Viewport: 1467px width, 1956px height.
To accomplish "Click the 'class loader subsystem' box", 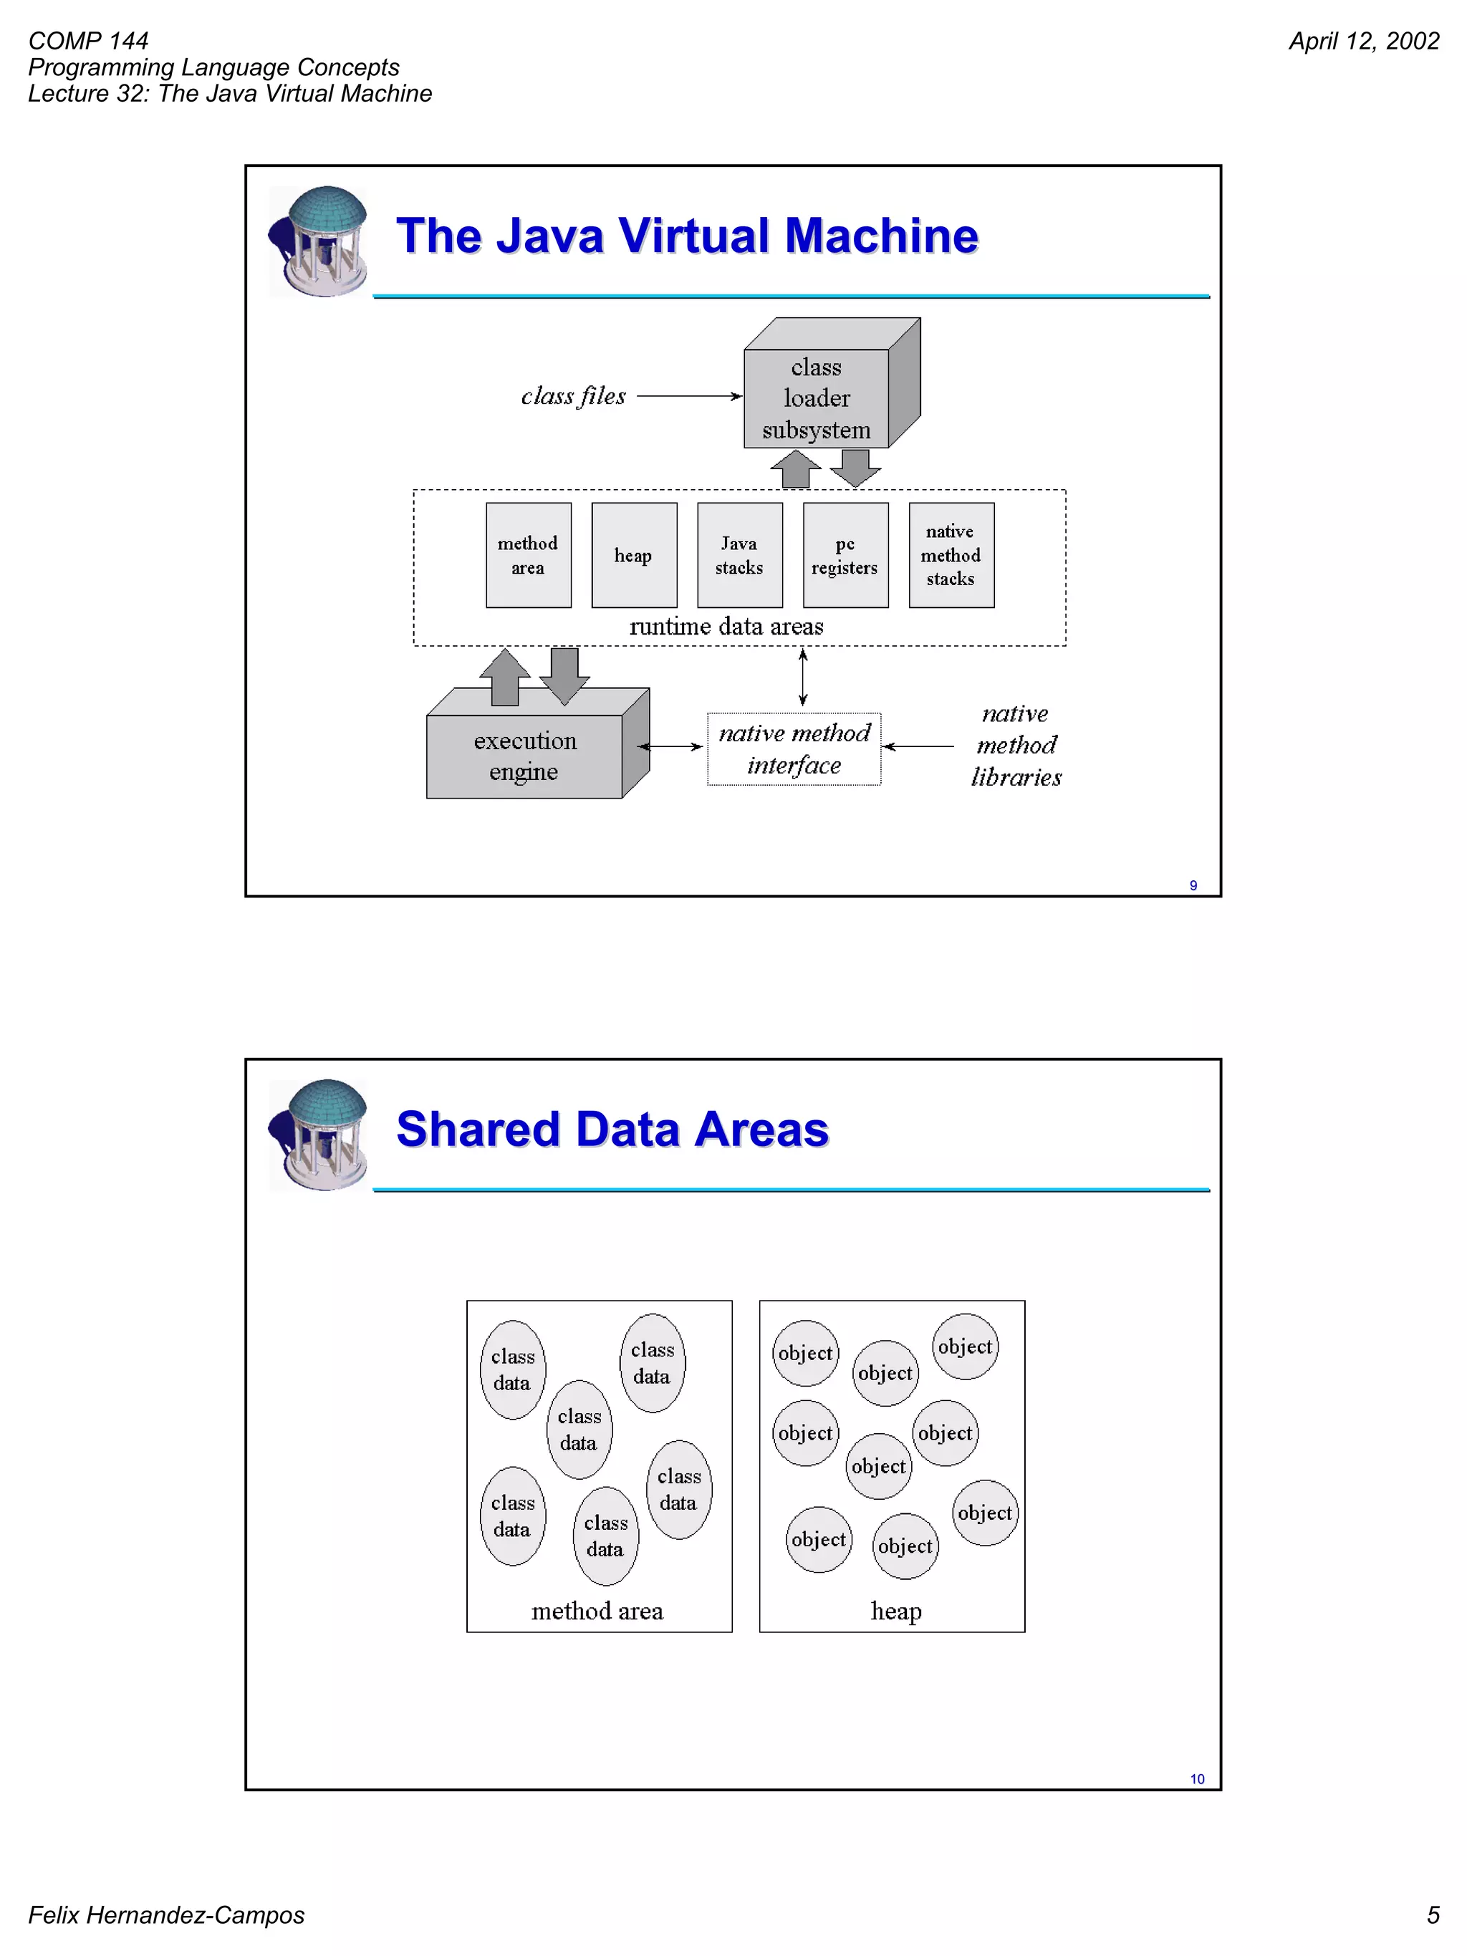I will [816, 398].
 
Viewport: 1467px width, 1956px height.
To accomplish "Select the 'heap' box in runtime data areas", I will [634, 555].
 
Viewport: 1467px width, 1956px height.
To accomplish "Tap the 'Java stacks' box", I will [739, 555].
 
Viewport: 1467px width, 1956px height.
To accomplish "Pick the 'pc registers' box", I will [845, 555].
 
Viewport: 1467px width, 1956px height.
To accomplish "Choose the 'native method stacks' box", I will [951, 555].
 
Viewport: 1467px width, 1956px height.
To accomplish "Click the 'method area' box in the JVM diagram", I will [528, 555].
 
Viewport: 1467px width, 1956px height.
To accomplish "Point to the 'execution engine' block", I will [524, 756].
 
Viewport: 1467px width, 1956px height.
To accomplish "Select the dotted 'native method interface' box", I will [794, 749].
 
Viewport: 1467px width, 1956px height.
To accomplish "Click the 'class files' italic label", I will [573, 396].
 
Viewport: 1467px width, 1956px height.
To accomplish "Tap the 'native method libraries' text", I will [1016, 746].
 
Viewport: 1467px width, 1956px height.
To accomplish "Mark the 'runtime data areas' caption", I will [726, 627].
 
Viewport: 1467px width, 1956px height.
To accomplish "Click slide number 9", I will [1193, 885].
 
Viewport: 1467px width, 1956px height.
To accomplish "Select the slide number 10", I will [1196, 1778].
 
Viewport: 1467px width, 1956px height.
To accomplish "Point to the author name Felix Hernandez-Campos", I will [166, 1914].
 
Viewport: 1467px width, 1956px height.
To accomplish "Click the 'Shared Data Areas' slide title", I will [612, 1129].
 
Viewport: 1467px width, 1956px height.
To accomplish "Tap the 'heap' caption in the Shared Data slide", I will [896, 1611].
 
